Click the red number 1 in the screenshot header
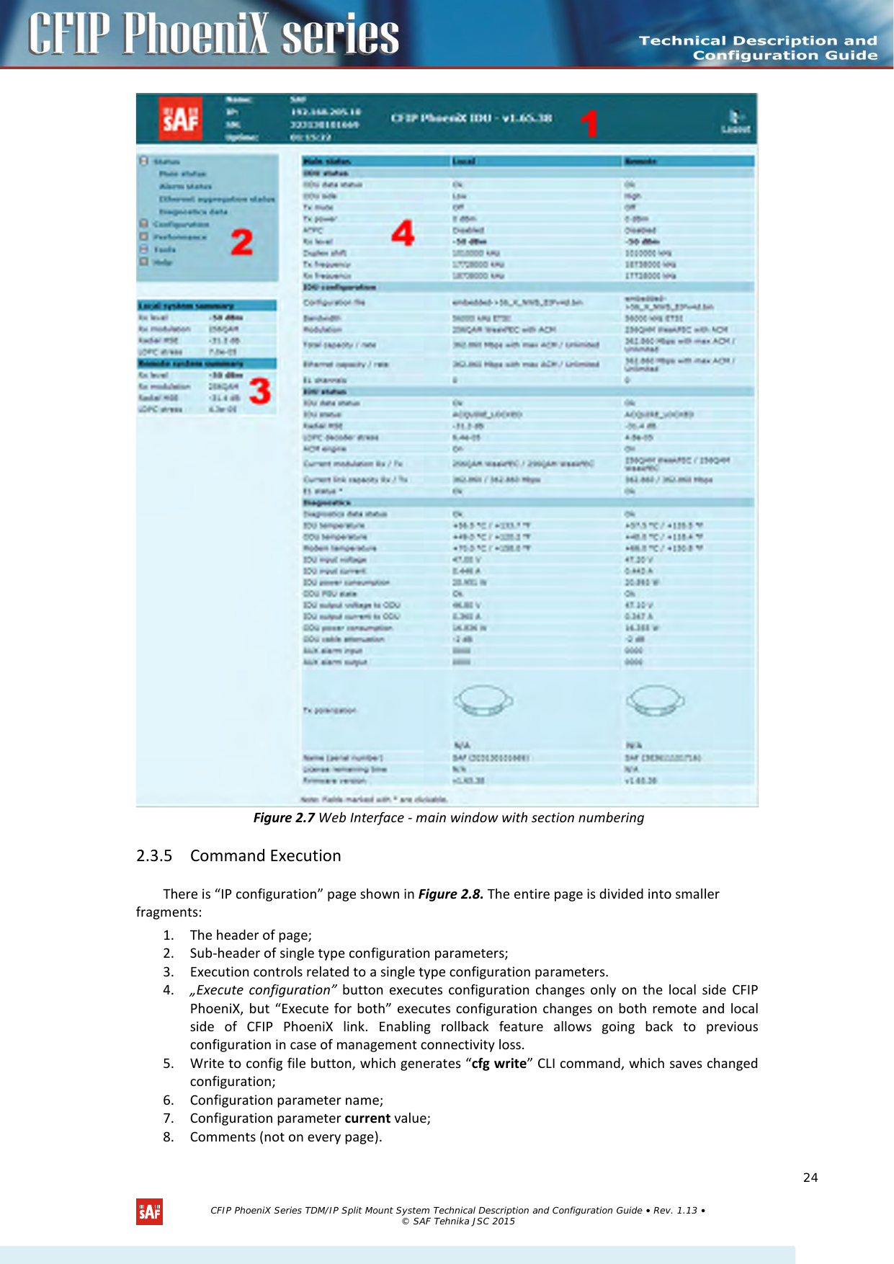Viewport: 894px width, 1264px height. tap(589, 123)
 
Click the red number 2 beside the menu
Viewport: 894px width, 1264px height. tap(241, 242)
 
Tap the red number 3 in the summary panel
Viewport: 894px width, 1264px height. tap(259, 391)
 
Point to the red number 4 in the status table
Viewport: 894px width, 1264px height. tap(403, 233)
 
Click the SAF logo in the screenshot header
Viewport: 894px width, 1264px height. tap(181, 119)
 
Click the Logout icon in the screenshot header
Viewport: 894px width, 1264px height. tap(736, 120)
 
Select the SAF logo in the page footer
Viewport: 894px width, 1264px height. tap(149, 1211)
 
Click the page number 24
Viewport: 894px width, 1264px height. tap(810, 1178)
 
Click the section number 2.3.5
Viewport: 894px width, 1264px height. tap(154, 855)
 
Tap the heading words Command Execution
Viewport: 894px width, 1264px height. tap(265, 855)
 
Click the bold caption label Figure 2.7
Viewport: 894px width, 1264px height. tap(284, 817)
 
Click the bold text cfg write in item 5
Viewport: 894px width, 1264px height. tap(499, 1063)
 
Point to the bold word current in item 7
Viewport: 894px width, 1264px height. tap(367, 1118)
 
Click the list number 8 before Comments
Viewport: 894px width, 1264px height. tap(168, 1136)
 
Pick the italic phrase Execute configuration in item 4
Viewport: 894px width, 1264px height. tap(264, 989)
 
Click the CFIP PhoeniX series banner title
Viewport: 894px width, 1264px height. tap(213, 34)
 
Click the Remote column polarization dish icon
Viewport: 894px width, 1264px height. tap(654, 700)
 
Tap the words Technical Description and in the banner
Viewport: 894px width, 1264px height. tap(758, 40)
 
